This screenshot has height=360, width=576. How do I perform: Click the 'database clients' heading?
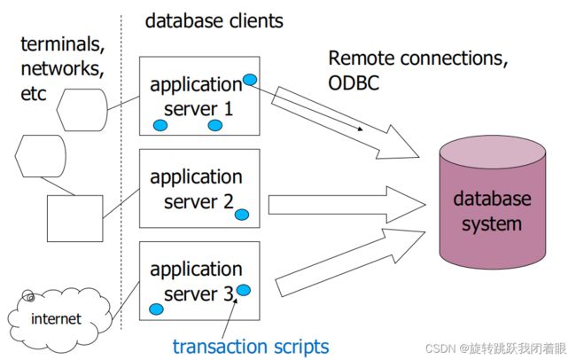tap(214, 21)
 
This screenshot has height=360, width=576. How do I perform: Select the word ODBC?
tap(354, 83)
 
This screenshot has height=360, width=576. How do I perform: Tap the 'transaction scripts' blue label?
tap(251, 347)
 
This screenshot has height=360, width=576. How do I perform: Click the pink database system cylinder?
tap(492, 202)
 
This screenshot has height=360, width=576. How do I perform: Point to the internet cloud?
tap(58, 319)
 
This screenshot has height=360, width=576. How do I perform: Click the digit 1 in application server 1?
tap(229, 109)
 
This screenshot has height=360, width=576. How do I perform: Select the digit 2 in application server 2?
tap(229, 201)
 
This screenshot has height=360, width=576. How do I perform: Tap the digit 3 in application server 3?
tap(229, 293)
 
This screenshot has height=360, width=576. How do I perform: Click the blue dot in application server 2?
tap(242, 215)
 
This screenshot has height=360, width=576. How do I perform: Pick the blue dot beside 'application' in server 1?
tap(250, 80)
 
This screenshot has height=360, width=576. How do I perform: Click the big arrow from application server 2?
tap(346, 205)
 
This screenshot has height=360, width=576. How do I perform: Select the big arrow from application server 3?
tap(350, 262)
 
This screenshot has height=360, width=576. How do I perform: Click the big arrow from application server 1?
tap(346, 122)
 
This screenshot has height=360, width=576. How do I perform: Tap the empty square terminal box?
tap(75, 218)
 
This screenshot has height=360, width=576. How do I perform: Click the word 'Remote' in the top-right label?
tap(361, 59)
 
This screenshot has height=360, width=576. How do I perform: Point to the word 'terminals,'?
tap(63, 44)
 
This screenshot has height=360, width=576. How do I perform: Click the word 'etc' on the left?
tap(34, 94)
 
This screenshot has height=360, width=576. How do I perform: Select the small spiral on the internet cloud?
tap(28, 295)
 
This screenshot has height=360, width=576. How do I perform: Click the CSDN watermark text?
tap(496, 348)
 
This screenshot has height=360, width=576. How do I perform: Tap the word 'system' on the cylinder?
tap(492, 224)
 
